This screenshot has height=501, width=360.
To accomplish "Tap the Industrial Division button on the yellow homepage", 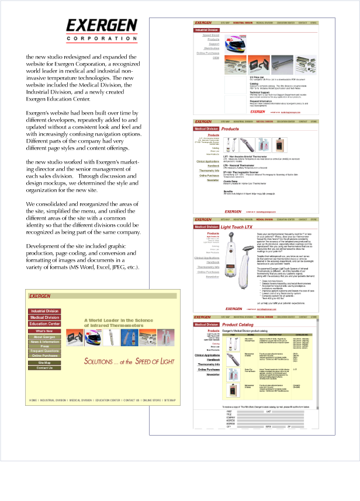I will pyautogui.click(x=44, y=312).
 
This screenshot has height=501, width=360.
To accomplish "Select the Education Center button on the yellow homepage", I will pyautogui.click(x=44, y=323).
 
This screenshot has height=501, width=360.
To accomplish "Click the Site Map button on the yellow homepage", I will pyautogui.click(x=44, y=363).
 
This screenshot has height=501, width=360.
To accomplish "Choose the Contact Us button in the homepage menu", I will pyautogui.click(x=44, y=368).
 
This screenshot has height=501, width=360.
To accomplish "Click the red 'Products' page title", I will pyautogui.click(x=230, y=128).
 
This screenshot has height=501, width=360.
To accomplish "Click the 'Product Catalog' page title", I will pyautogui.click(x=239, y=323).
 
